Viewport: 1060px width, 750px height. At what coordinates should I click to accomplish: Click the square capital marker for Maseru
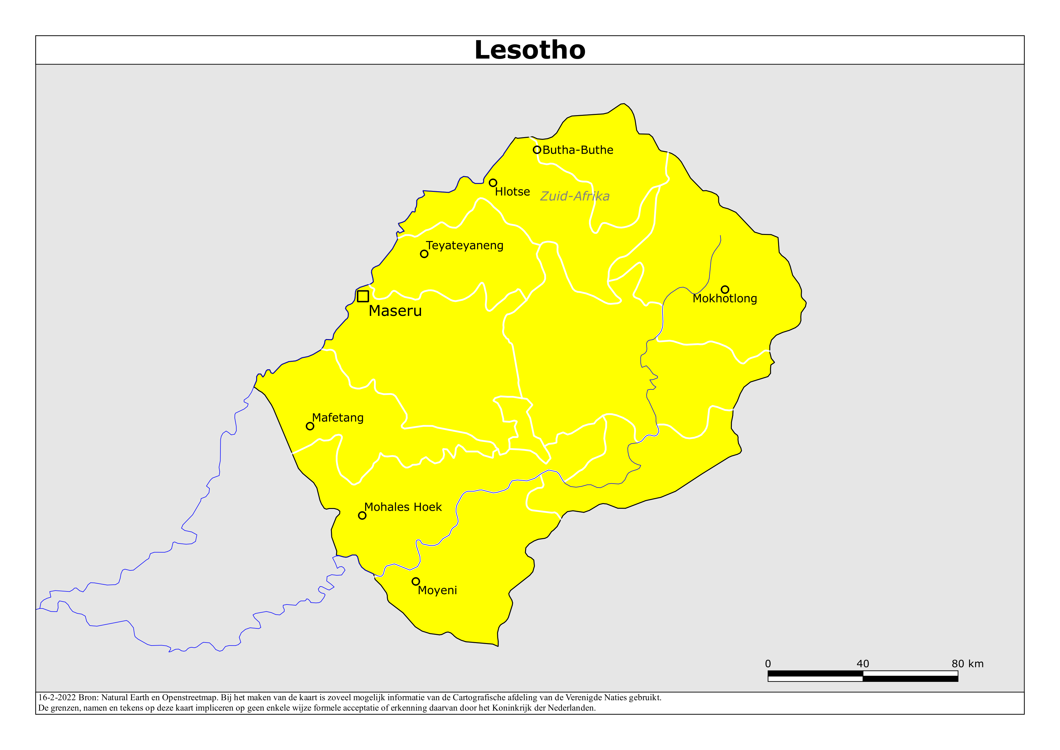[363, 296]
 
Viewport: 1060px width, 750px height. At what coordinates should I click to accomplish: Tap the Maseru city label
[395, 311]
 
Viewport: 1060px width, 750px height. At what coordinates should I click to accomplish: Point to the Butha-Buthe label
[578, 150]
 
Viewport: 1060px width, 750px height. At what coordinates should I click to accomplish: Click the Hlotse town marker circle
[493, 183]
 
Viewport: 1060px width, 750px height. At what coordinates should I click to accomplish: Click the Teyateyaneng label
[464, 245]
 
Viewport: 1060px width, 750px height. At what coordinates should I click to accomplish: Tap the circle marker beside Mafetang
[310, 426]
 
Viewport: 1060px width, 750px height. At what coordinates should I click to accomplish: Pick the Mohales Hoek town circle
[362, 516]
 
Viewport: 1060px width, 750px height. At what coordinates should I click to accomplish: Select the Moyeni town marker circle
[416, 581]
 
